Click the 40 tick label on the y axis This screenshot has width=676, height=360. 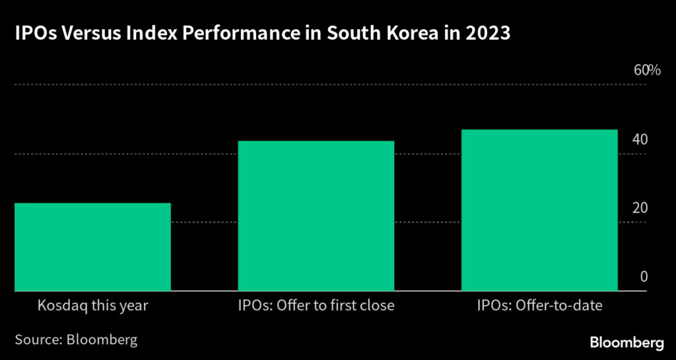(640, 140)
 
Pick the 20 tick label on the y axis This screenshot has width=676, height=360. (640, 208)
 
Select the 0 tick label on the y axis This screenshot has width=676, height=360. (644, 277)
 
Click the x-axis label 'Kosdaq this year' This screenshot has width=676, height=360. (93, 306)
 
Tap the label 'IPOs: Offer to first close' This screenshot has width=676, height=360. (316, 306)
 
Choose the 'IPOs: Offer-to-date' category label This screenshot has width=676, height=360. (539, 306)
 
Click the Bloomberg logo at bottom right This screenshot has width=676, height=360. (626, 342)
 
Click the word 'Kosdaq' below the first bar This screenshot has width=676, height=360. (59, 306)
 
